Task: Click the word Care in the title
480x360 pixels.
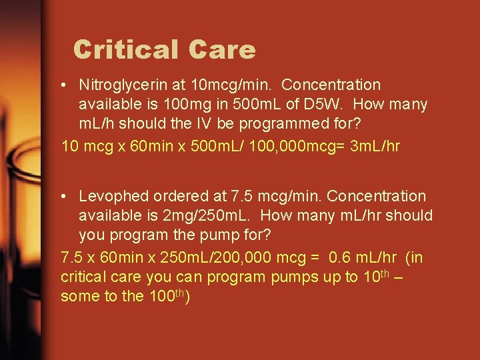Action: coord(222,50)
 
